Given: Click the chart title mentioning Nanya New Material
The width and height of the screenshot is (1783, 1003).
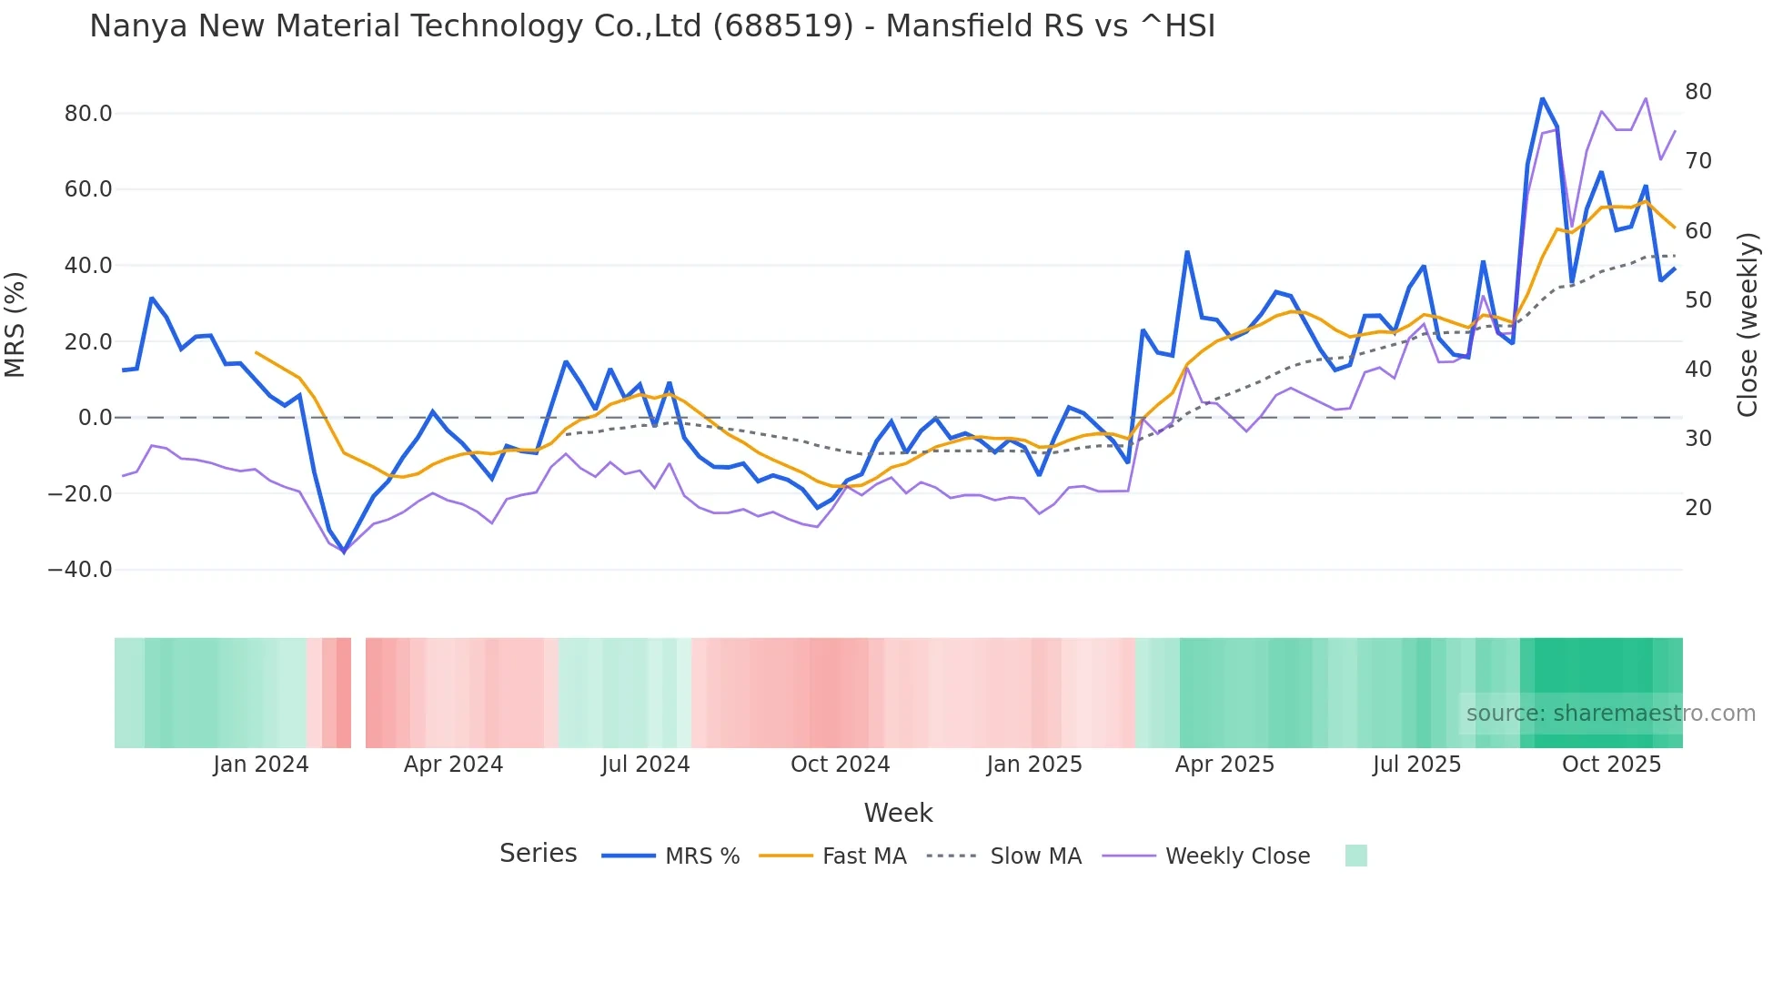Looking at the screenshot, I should pyautogui.click(x=652, y=26).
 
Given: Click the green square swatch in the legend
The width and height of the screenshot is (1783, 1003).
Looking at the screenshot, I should pyautogui.click(x=1355, y=856).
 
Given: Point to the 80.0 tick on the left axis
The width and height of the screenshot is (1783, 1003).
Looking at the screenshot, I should pyautogui.click(x=88, y=114).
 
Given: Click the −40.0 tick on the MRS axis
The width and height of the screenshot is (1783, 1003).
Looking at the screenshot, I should pyautogui.click(x=80, y=570).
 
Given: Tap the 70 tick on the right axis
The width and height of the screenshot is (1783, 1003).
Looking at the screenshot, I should pyautogui.click(x=1697, y=161).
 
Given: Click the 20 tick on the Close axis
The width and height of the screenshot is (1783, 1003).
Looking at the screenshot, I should pyautogui.click(x=1697, y=508).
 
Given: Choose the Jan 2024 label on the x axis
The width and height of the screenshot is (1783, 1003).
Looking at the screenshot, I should pyautogui.click(x=261, y=765).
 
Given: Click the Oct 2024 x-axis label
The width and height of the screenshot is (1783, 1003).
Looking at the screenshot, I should pyautogui.click(x=840, y=765).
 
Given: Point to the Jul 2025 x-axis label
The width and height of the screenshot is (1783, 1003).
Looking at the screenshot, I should pyautogui.click(x=1416, y=765).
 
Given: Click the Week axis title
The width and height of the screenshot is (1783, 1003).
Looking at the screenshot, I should pyautogui.click(x=898, y=813).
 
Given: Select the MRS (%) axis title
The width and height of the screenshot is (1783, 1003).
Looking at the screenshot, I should pyautogui.click(x=15, y=325).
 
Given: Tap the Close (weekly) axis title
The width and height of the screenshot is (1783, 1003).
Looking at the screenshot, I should pyautogui.click(x=1748, y=325).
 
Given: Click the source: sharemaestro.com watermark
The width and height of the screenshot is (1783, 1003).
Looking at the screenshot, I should pyautogui.click(x=1610, y=714).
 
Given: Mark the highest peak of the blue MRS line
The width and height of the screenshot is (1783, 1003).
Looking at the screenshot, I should pyautogui.click(x=1542, y=98).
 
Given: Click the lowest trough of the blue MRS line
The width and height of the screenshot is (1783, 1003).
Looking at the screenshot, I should pyautogui.click(x=344, y=552).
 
